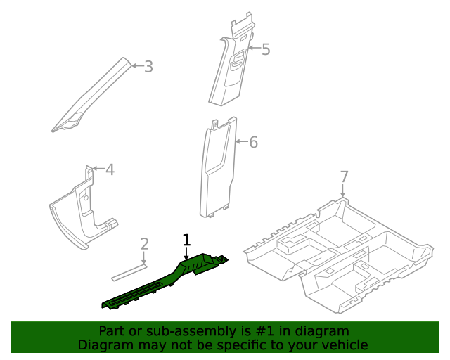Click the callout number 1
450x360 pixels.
click(186, 240)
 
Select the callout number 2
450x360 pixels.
click(144, 244)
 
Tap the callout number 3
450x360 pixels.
click(148, 67)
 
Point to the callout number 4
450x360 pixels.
click(110, 169)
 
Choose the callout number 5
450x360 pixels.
click(265, 49)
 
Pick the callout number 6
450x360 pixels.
click(254, 142)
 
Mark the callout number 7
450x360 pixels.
click(344, 176)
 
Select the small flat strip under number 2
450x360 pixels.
click(129, 270)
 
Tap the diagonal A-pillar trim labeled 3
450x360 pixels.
click(91, 98)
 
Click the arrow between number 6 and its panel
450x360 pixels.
click(241, 142)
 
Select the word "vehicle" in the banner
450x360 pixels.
click(344, 345)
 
